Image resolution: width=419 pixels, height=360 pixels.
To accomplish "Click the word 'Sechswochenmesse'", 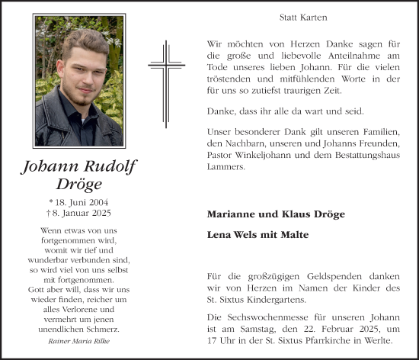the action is (x=267, y=316).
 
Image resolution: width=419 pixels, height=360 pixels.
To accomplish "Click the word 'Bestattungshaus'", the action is (x=365, y=156).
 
